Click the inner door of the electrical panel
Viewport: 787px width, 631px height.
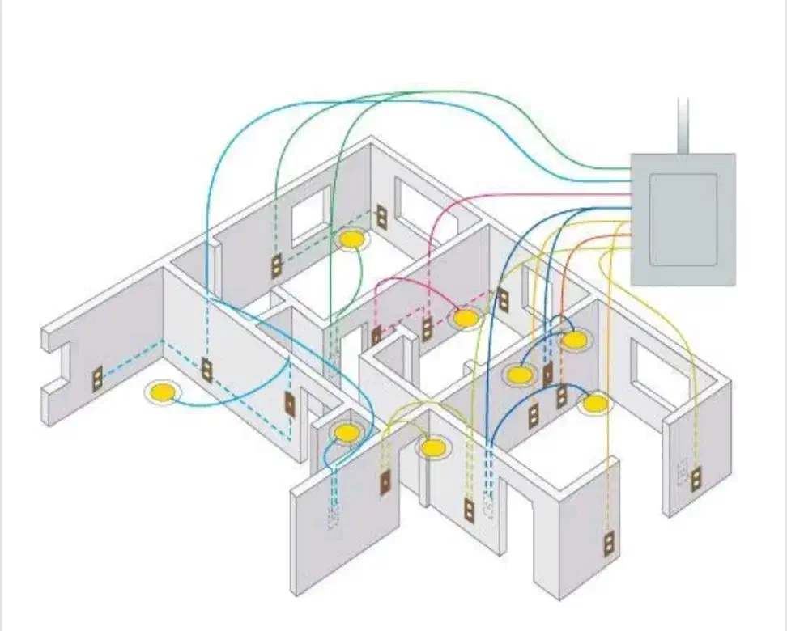click(x=683, y=218)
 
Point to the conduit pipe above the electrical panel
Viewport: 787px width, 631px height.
click(x=683, y=125)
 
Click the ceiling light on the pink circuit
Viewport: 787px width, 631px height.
click(x=466, y=318)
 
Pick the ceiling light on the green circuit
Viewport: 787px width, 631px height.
click(x=351, y=239)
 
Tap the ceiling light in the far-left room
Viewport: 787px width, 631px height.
click(x=163, y=392)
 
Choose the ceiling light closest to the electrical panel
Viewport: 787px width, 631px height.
click(x=573, y=340)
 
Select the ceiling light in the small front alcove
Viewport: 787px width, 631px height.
click(x=347, y=433)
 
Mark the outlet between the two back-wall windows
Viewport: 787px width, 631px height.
click(x=381, y=216)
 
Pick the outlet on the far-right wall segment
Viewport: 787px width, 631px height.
click(x=695, y=477)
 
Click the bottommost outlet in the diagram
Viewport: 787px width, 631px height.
click(x=608, y=543)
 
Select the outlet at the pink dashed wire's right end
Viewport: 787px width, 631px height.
click(x=502, y=299)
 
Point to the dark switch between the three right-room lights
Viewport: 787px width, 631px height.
click(x=548, y=375)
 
